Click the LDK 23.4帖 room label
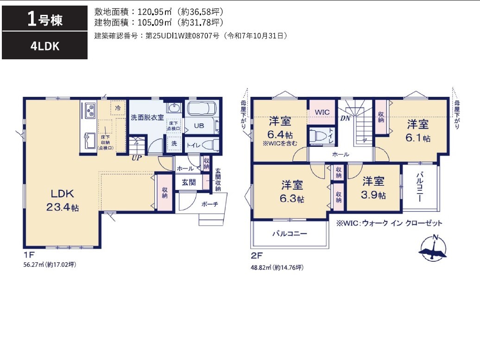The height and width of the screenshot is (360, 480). pyautogui.click(x=63, y=200)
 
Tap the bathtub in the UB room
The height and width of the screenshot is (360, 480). pyautogui.click(x=202, y=109)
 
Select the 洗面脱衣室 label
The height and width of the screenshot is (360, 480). pyautogui.click(x=147, y=118)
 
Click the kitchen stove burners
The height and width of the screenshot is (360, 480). pyautogui.click(x=90, y=111)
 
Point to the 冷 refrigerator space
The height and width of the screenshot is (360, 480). pyautogui.click(x=118, y=108)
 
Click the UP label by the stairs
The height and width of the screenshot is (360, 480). pyautogui.click(x=137, y=158)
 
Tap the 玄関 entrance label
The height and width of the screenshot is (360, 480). pyautogui.click(x=189, y=183)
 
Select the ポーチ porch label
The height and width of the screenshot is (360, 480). pyautogui.click(x=210, y=204)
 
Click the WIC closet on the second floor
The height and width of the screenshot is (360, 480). pyautogui.click(x=322, y=112)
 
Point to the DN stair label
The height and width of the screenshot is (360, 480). pyautogui.click(x=345, y=118)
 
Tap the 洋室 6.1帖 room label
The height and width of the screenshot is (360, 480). pyautogui.click(x=418, y=131)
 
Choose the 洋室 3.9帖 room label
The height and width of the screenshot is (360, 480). pyautogui.click(x=373, y=188)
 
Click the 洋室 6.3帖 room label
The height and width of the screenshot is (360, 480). pyautogui.click(x=292, y=192)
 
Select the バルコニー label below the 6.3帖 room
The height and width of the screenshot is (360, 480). pyautogui.click(x=290, y=234)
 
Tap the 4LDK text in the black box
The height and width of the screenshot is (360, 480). pyautogui.click(x=44, y=46)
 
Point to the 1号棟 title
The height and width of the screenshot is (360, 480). pyautogui.click(x=44, y=19)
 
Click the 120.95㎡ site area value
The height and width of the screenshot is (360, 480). pyautogui.click(x=155, y=12)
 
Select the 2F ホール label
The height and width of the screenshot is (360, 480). pyautogui.click(x=341, y=155)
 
